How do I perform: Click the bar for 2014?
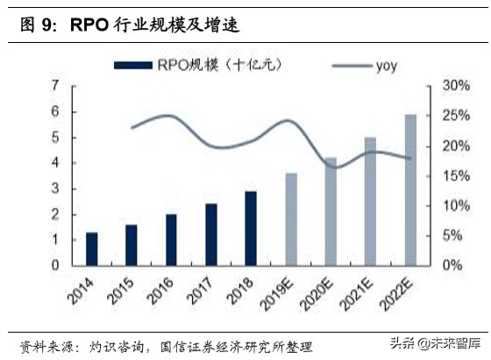pyautogui.click(x=91, y=248)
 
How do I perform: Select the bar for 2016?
pyautogui.click(x=171, y=239)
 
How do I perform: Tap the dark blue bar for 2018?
pyautogui.click(x=250, y=228)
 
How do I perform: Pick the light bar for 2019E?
pyautogui.click(x=290, y=219)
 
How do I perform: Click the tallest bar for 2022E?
pyautogui.click(x=409, y=189)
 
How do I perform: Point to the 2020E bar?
pyautogui.click(x=330, y=211)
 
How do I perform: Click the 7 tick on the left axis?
pyautogui.click(x=55, y=86)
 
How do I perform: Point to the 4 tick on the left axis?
pyautogui.click(x=55, y=163)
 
